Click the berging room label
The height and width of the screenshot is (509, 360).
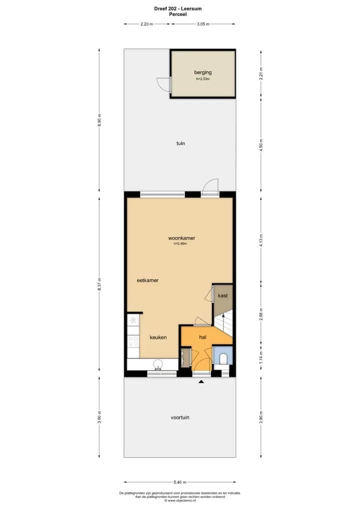tap(203, 72)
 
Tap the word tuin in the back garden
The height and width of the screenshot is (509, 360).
tap(181, 143)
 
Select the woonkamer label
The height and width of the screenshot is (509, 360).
tap(181, 238)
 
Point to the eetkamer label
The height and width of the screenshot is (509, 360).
tap(147, 280)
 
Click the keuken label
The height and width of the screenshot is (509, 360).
tap(158, 337)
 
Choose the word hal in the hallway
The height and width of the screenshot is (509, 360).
tap(203, 337)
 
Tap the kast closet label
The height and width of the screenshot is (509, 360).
tap(222, 295)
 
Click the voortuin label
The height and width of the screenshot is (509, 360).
tap(180, 417)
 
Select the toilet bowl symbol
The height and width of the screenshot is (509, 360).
tap(223, 358)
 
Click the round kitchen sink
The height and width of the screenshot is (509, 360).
tap(158, 363)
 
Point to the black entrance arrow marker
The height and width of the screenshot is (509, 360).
tap(201, 382)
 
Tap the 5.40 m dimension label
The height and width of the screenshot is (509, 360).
tap(180, 482)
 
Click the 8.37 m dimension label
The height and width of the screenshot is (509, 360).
tap(99, 284)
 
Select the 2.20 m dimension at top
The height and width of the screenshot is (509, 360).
tap(146, 24)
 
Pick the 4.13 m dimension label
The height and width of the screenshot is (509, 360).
tap(261, 240)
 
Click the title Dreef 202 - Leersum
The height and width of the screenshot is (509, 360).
tap(178, 9)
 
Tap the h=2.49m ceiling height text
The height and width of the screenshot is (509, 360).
tap(180, 243)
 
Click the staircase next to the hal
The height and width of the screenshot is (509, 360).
tap(223, 323)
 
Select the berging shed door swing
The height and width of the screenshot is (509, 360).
tap(163, 84)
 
